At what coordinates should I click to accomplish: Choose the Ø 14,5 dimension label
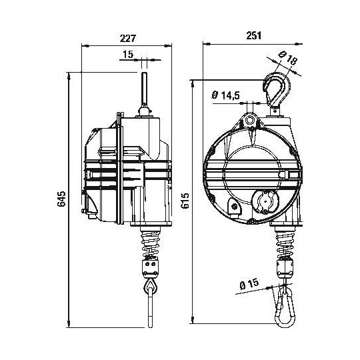225,95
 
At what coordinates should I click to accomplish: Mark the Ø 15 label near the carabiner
247,285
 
